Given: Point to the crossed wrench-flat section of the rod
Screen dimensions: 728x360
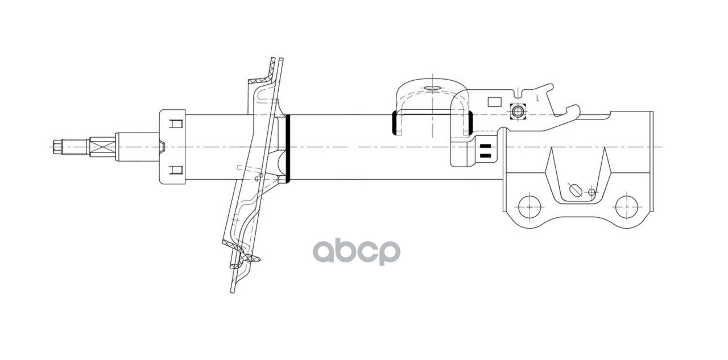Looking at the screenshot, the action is click(x=102, y=147).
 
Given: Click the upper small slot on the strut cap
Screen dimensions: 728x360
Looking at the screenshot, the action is click(x=176, y=123).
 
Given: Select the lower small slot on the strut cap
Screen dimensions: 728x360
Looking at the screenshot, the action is click(x=176, y=169).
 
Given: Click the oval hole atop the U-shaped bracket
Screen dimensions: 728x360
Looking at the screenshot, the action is click(x=432, y=88).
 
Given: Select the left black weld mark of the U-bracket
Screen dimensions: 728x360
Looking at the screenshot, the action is click(x=394, y=123).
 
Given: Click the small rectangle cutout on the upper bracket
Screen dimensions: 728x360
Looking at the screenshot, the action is click(x=494, y=103).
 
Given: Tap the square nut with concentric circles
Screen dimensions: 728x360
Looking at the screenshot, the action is click(x=516, y=111).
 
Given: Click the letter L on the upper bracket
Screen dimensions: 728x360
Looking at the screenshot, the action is click(x=537, y=98).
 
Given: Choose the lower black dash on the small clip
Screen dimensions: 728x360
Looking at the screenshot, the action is click(x=485, y=155).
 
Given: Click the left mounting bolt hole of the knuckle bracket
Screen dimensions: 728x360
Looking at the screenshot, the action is click(x=529, y=205).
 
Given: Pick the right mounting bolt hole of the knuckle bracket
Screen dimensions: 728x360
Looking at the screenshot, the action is click(x=627, y=205).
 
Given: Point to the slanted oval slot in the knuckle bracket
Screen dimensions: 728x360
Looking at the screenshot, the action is click(x=576, y=189).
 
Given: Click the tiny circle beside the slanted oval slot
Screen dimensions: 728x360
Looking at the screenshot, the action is click(x=591, y=192).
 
